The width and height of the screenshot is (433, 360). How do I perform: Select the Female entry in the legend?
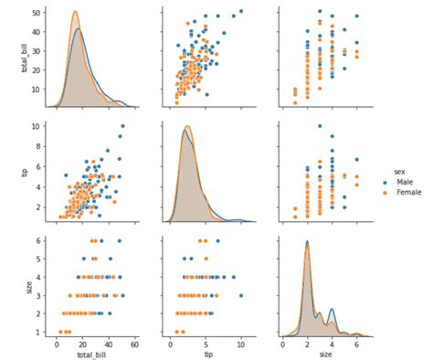tap(406, 192)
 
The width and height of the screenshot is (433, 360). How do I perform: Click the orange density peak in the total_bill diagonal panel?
tap(75, 12)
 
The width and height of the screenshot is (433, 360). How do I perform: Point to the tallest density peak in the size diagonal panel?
tap(307, 241)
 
